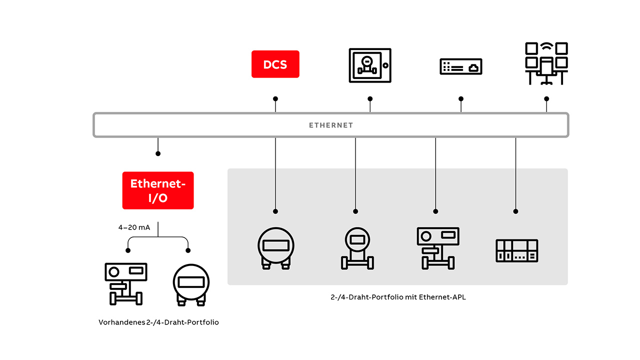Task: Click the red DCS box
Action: [275, 64]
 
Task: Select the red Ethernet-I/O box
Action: [158, 190]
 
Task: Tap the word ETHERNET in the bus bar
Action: [331, 125]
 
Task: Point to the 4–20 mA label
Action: [134, 227]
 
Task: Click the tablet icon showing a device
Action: [369, 65]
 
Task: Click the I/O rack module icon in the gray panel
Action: [516, 250]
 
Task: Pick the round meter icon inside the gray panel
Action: [275, 247]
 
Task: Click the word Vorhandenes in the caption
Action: [122, 322]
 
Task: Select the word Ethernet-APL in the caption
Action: [443, 297]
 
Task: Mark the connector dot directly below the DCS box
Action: [275, 99]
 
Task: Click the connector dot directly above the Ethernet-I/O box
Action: [158, 153]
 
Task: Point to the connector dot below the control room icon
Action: [546, 99]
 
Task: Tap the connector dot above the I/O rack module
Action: [515, 211]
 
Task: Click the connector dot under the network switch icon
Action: [461, 99]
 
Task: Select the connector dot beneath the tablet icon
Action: [370, 99]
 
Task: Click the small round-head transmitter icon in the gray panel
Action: [357, 248]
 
